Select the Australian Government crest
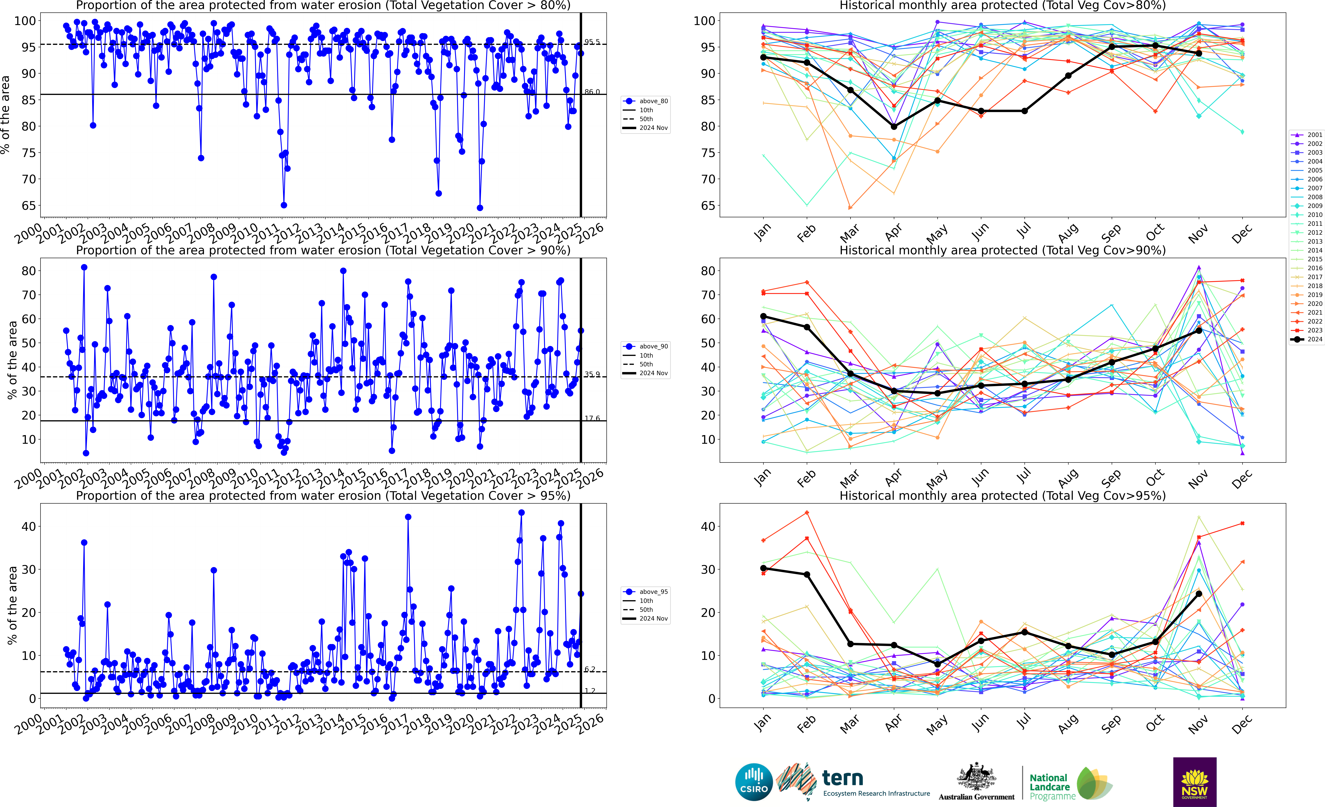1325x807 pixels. (x=976, y=777)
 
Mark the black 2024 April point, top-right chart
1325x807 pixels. (x=894, y=126)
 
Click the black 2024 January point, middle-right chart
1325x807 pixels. (x=763, y=316)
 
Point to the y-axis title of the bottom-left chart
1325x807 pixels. (x=12, y=605)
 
